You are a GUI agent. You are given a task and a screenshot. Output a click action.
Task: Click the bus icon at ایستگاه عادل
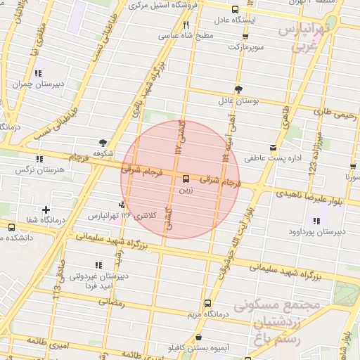[x=235, y=11]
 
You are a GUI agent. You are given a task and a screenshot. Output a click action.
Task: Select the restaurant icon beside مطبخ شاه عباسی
[x=186, y=25]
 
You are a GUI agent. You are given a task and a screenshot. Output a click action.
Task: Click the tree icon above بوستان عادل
[x=238, y=89]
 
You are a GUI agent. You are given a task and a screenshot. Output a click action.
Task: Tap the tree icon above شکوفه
[x=103, y=141]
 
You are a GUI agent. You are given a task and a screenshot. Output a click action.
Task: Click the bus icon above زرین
[x=186, y=179]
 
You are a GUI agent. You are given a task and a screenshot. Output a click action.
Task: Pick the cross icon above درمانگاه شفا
[x=46, y=210]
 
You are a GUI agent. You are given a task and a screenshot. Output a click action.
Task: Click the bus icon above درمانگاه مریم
[x=206, y=304]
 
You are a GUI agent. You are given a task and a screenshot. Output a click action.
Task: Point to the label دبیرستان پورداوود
[x=330, y=230]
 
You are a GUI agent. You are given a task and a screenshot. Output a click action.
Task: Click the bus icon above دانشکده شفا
[x=11, y=226]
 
